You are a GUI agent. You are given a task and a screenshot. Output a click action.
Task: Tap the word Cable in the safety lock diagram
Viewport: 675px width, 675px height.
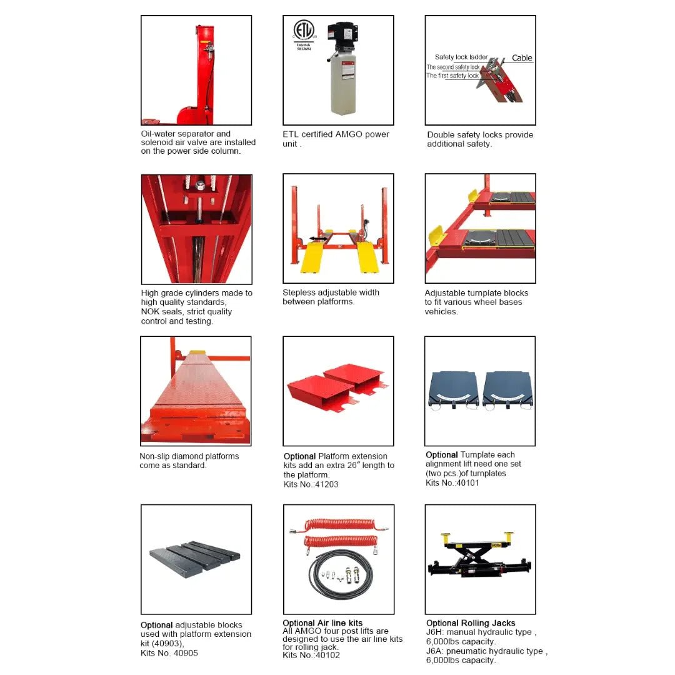click(522, 57)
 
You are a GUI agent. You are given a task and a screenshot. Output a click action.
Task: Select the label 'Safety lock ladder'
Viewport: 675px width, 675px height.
click(461, 57)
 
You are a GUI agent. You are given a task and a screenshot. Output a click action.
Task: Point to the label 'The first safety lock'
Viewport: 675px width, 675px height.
click(452, 76)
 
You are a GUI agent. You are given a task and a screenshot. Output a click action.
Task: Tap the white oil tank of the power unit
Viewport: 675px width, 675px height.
click(343, 87)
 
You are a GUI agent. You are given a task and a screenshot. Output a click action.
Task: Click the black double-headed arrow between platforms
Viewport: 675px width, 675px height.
click(319, 239)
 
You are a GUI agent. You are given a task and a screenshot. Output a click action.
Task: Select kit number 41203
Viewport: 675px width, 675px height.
click(327, 484)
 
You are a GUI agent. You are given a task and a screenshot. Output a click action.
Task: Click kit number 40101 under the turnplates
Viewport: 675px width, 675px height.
click(467, 482)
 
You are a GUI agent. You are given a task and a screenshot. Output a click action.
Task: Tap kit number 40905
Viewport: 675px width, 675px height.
click(186, 653)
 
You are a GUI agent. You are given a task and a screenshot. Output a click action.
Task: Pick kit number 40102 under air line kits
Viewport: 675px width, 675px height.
click(327, 655)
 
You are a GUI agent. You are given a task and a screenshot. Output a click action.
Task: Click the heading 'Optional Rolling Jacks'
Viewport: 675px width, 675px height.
click(471, 623)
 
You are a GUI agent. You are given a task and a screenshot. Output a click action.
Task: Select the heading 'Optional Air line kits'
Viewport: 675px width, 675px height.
click(322, 623)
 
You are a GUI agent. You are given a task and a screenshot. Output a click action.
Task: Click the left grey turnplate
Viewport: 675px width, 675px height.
click(453, 390)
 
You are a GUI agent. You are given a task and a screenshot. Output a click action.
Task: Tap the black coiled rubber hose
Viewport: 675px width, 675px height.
click(341, 574)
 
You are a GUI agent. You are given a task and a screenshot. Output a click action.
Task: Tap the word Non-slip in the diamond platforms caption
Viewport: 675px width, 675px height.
click(154, 456)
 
